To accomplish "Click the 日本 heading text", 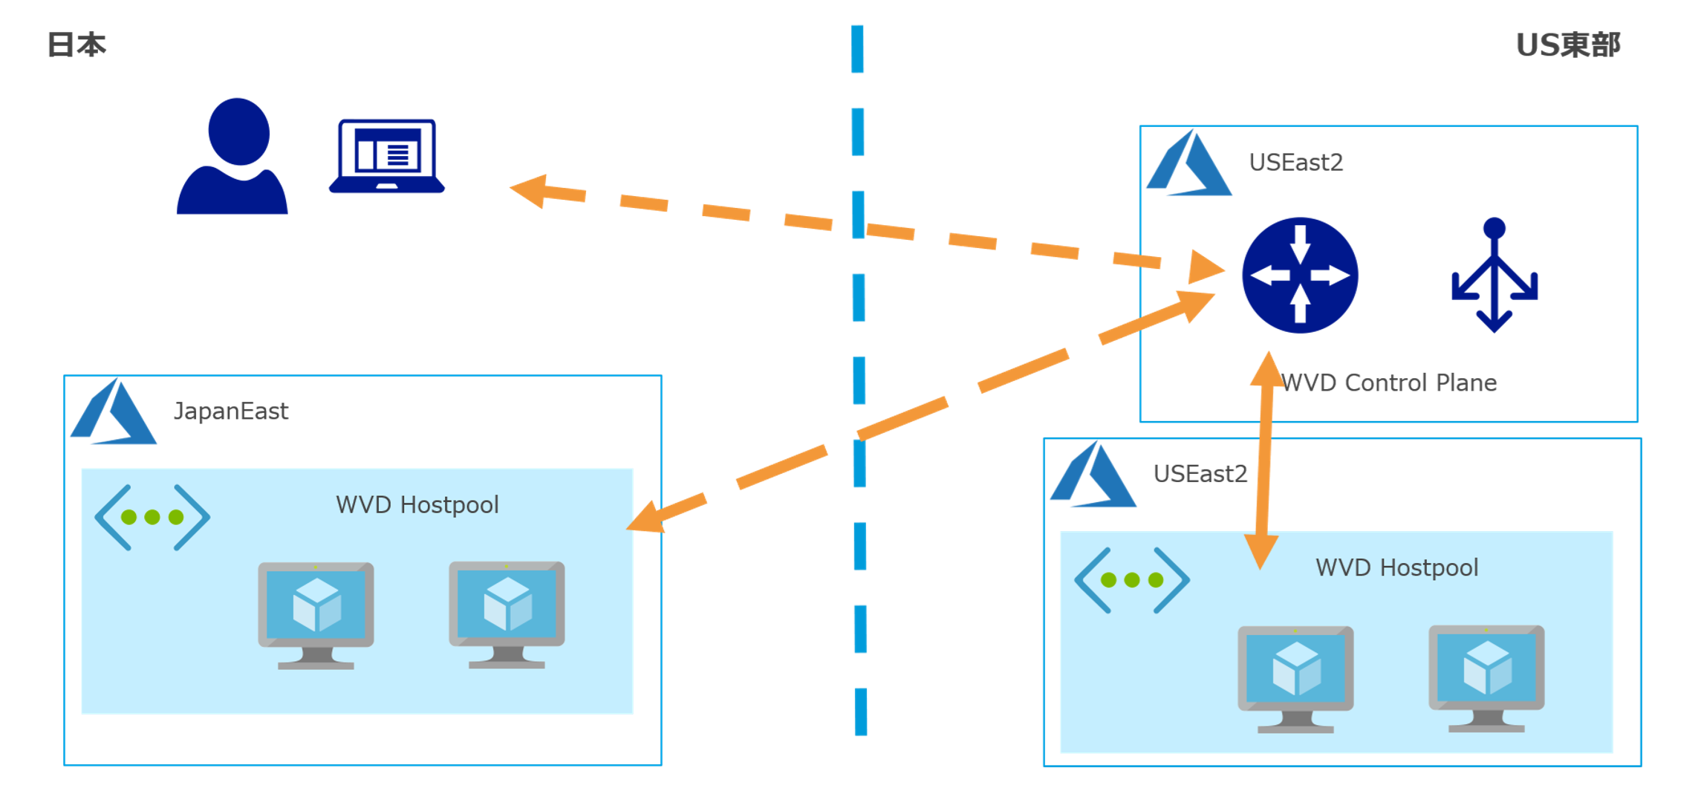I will pos(77,45).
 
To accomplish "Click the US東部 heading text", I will pos(1567,45).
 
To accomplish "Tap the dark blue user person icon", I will pos(232,157).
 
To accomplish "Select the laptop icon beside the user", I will pos(387,157).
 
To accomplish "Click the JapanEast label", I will pos(230,411).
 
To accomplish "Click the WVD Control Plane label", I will pos(1389,383).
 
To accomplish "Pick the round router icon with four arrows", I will pos(1300,275).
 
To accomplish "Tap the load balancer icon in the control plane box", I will pos(1495,275).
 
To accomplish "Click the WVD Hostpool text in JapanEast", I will pos(417,505).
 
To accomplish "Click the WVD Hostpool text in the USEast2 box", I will pos(1396,567).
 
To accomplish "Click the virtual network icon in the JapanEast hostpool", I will pos(152,517).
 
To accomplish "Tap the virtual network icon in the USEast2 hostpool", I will pos(1132,580).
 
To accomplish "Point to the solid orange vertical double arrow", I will pos(1264,461).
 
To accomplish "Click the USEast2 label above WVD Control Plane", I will pos(1295,162).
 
